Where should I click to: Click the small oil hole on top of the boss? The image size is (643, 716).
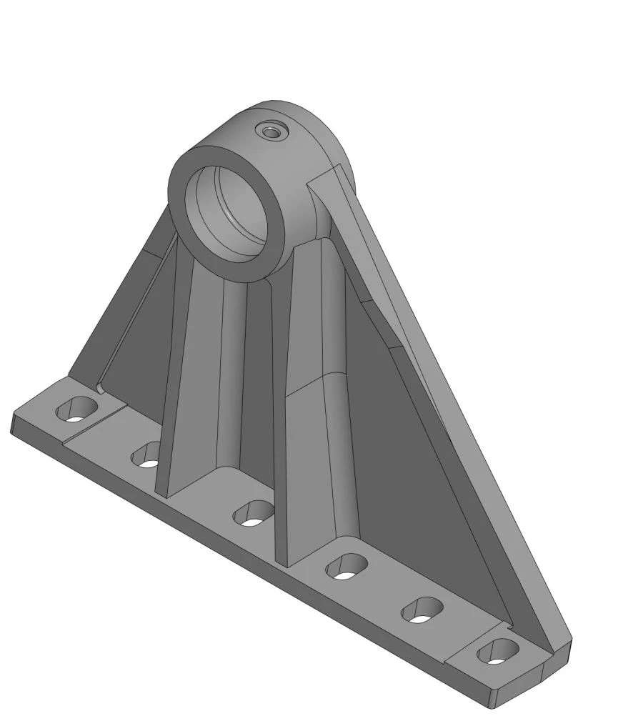point(271,131)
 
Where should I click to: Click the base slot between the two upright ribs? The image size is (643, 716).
point(254,513)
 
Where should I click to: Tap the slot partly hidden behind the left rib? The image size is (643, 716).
point(146,454)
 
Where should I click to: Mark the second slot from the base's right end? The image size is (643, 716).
point(422,610)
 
